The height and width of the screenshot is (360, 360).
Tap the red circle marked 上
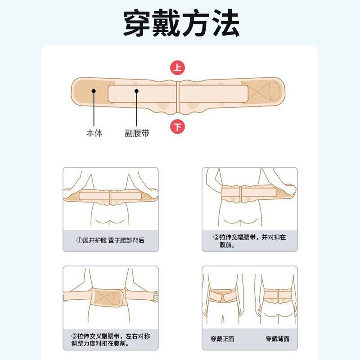pyautogui.click(x=177, y=68)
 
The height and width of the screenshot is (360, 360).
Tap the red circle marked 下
pyautogui.click(x=177, y=127)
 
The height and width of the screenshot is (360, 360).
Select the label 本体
pyautogui.click(x=94, y=133)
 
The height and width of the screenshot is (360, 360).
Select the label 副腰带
pyautogui.click(x=137, y=133)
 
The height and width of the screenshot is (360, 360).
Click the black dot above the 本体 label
pyautogui.click(x=94, y=91)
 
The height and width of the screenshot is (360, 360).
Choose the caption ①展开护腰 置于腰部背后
pyautogui.click(x=110, y=240)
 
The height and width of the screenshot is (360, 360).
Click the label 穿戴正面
pyautogui.click(x=222, y=339)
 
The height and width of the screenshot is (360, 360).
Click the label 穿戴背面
pyautogui.click(x=277, y=339)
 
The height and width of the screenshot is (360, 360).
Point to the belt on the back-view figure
pyautogui.click(x=277, y=295)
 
